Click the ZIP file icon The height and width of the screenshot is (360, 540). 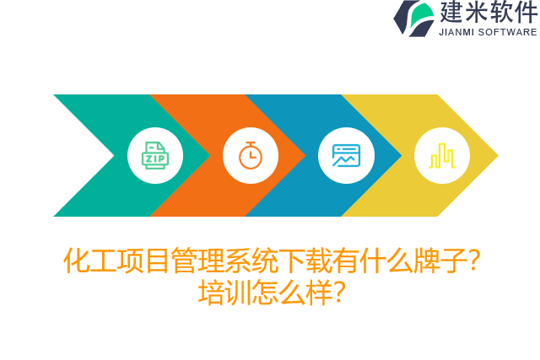155,155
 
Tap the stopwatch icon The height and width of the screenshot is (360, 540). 251,155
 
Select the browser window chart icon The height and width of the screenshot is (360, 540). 346,155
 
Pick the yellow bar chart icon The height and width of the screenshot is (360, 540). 441,155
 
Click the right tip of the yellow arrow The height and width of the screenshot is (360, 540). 496,155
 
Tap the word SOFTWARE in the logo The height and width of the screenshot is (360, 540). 508,32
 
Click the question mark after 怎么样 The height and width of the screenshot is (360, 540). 337,293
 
